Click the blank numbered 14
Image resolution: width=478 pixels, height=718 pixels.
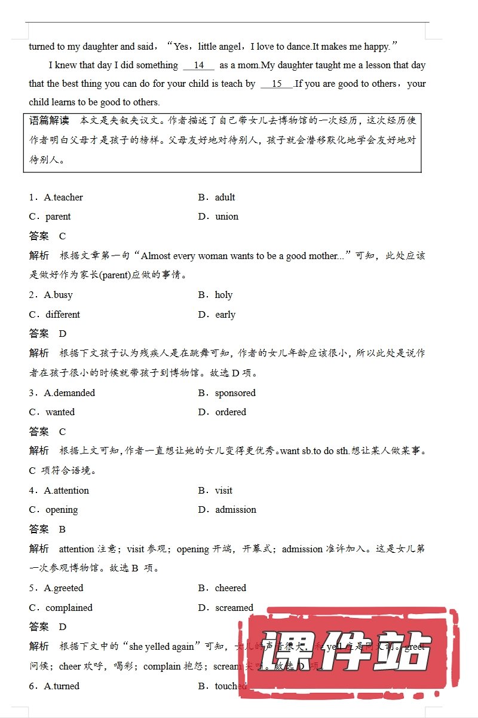[199, 65]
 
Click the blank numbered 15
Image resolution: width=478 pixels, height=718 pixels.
[277, 84]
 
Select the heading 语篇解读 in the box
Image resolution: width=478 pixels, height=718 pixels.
[50, 120]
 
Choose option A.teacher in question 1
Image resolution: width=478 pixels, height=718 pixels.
[63, 197]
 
